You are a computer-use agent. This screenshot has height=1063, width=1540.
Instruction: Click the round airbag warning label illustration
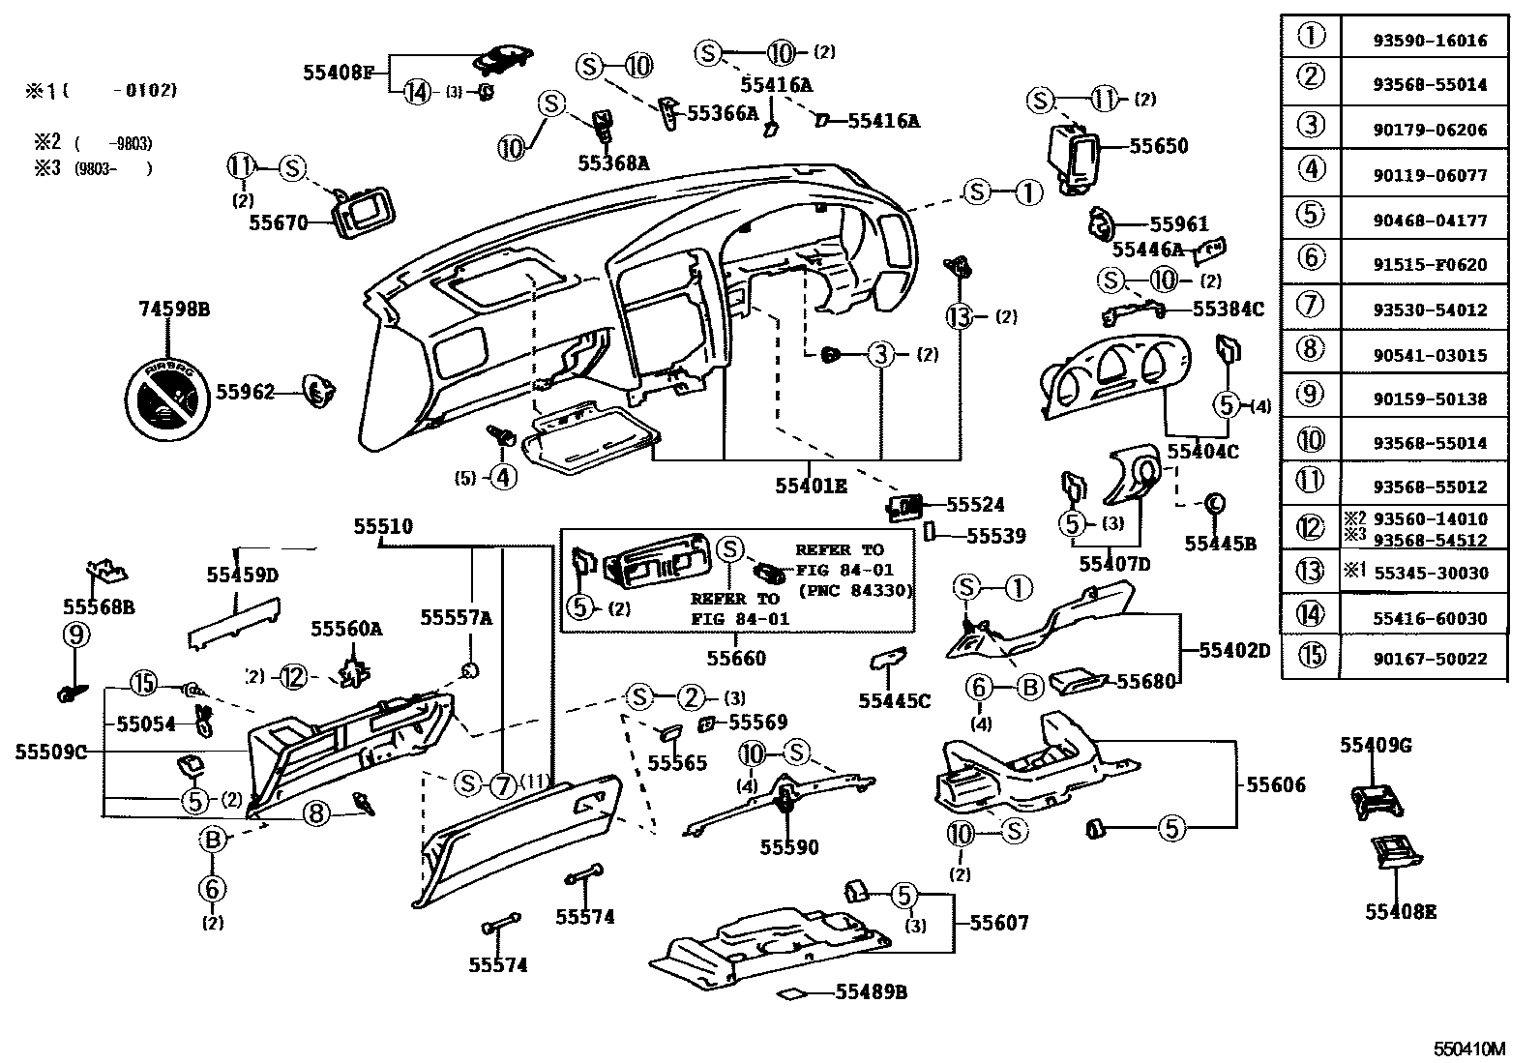(168, 399)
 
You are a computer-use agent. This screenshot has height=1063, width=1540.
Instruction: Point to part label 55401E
(811, 486)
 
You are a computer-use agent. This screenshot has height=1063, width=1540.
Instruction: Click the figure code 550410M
(1469, 1048)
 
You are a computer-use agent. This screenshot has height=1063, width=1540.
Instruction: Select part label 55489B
(871, 992)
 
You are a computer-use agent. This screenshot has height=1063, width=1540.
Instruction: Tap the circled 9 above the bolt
(76, 635)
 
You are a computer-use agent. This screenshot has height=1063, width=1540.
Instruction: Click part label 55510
(382, 527)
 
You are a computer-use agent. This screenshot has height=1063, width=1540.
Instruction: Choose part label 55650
(1158, 147)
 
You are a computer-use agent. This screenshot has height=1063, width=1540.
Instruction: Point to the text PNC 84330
(856, 591)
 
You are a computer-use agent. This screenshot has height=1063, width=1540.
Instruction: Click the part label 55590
(788, 847)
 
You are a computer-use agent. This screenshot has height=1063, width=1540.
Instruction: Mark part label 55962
(245, 392)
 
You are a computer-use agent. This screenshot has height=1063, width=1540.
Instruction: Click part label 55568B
(99, 606)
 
